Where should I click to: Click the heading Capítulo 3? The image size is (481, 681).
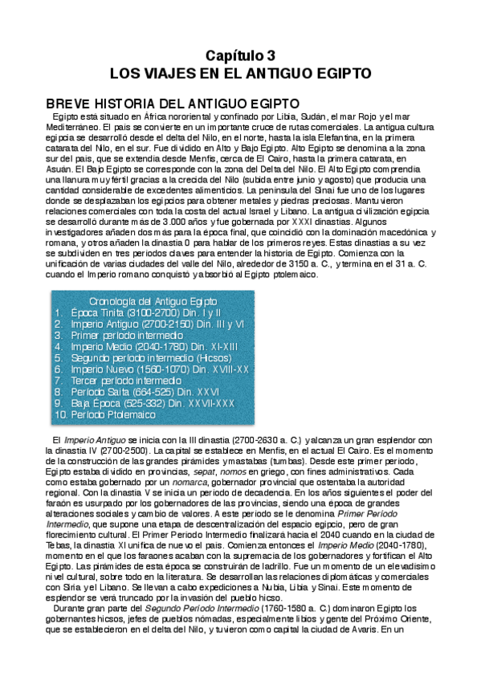240,55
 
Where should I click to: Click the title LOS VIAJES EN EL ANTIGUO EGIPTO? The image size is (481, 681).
240,74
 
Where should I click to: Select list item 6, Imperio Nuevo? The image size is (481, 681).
160,369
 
